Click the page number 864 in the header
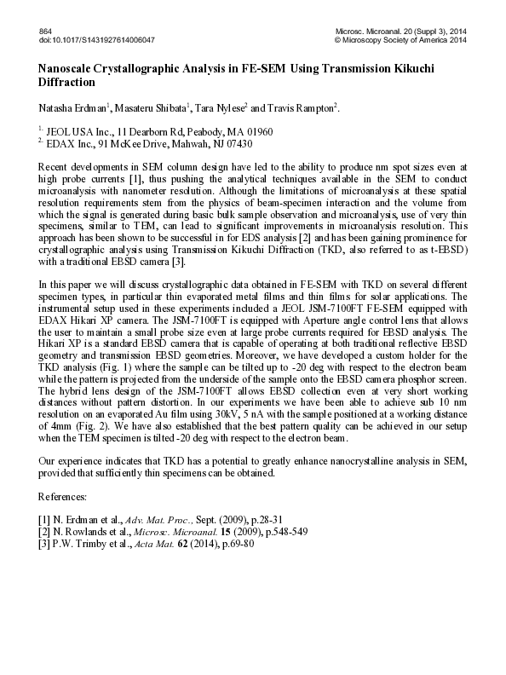pyautogui.click(x=46, y=31)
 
